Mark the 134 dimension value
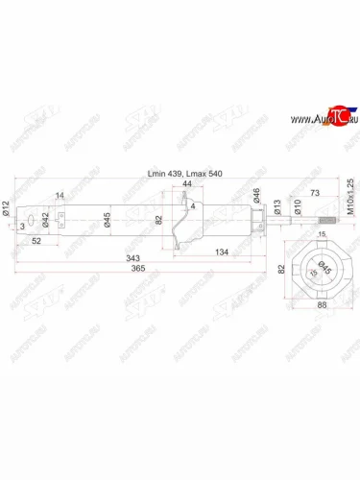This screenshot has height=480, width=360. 222,252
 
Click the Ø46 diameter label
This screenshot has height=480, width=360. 257,198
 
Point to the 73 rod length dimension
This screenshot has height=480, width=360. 316,193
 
